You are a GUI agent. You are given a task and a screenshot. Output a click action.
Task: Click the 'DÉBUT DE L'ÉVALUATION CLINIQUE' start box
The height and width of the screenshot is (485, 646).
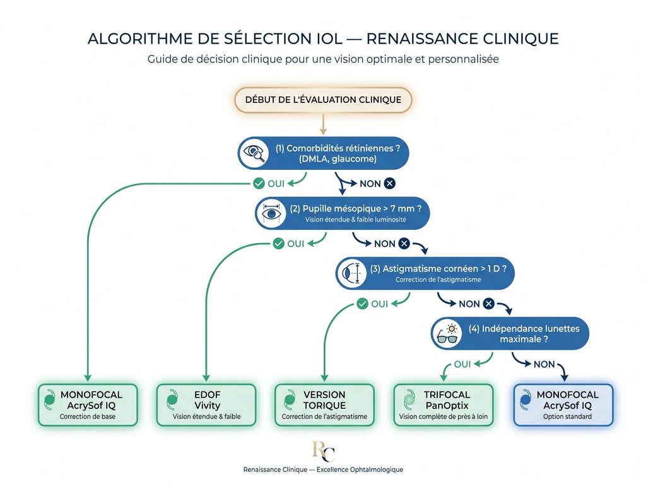323,100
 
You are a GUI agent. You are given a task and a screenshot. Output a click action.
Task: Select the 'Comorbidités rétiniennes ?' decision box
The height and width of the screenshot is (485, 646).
323,153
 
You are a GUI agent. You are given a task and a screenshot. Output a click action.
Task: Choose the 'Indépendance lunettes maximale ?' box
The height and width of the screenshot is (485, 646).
510,333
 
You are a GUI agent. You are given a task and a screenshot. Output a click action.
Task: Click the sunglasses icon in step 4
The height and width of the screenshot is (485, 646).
447,334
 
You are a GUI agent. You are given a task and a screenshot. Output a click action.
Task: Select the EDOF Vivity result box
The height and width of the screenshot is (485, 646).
206,405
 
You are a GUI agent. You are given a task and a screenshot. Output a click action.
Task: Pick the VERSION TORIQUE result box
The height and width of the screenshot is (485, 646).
324,405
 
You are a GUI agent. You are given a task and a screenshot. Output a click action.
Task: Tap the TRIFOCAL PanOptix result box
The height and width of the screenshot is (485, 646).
443,405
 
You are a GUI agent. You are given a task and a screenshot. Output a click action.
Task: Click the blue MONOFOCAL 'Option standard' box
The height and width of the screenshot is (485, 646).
563,405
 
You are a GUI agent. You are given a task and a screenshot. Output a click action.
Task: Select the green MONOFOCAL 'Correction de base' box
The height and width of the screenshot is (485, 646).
87,405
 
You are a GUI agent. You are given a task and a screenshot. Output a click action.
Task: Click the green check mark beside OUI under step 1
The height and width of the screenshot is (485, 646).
258,184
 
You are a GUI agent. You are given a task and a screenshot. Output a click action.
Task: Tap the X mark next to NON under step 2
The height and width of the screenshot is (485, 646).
404,244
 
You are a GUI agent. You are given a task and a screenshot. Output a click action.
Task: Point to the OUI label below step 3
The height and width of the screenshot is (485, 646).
380,304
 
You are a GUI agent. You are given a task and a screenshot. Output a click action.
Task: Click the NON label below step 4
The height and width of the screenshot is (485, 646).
544,364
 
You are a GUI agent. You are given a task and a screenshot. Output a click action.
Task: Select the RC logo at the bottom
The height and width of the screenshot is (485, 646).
323,451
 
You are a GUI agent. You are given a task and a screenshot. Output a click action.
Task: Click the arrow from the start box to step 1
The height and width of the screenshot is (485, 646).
323,124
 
